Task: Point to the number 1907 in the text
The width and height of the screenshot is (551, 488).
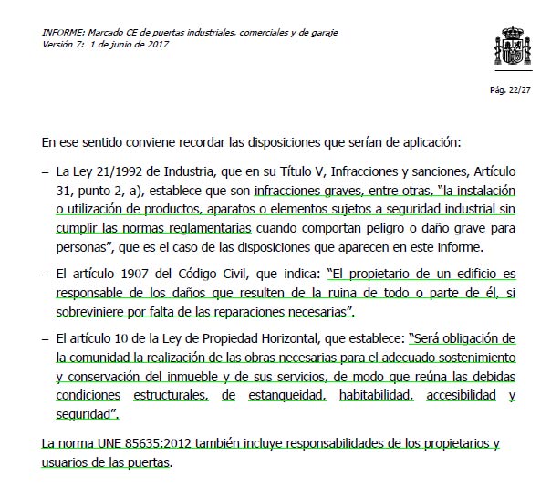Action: pyautogui.click(x=127, y=274)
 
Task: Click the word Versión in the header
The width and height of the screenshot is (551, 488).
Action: pyautogui.click(x=58, y=43)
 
